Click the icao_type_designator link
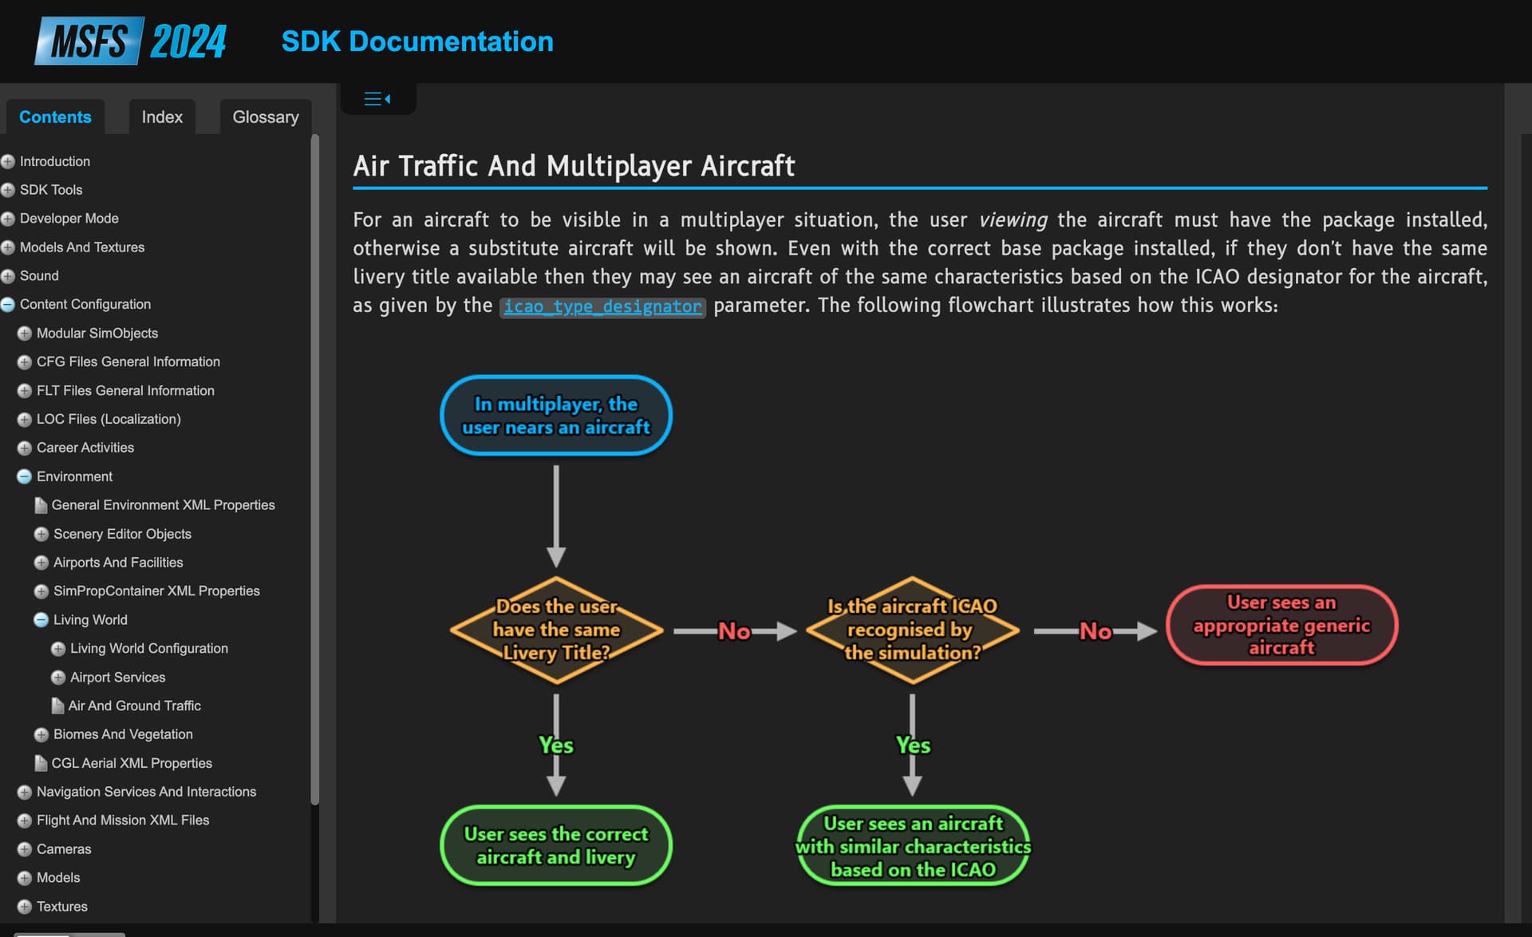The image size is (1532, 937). [x=602, y=306]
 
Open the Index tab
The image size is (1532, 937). [x=162, y=117]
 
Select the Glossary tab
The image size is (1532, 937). [x=266, y=117]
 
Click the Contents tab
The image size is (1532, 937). [x=55, y=117]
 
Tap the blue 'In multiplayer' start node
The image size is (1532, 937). [x=556, y=416]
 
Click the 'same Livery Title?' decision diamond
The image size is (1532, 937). [x=556, y=630]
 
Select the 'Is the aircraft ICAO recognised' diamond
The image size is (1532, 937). [x=912, y=630]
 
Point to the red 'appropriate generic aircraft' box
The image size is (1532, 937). [x=1281, y=625]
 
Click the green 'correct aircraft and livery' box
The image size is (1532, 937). [x=556, y=845]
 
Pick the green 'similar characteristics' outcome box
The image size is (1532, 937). [x=913, y=846]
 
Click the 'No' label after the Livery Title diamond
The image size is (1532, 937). [x=734, y=631]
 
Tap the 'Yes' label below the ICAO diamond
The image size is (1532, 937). [x=913, y=745]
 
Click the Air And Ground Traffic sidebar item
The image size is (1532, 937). [x=134, y=706]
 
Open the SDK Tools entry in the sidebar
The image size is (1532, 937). [x=51, y=190]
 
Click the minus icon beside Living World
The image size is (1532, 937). [x=41, y=620]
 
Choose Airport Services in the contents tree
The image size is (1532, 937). [x=117, y=677]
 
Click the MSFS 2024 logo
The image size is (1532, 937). [x=130, y=41]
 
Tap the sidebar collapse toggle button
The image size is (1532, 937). [x=377, y=99]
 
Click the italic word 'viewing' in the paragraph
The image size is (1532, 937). [x=1013, y=220]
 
